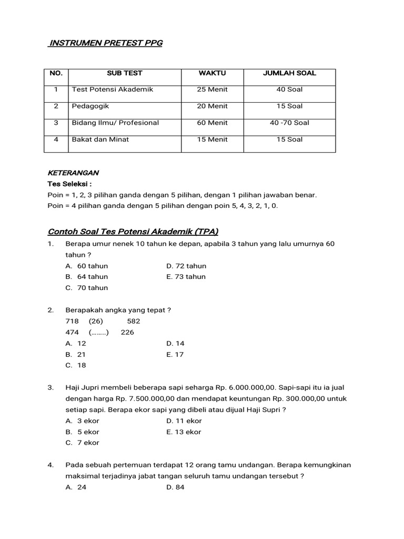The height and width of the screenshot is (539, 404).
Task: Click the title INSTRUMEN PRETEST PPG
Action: pos(105,43)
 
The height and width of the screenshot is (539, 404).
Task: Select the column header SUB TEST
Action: pos(125,73)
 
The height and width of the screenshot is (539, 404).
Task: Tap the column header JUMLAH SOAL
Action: pos(289,73)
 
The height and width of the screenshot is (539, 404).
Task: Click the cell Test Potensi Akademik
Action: pos(113,89)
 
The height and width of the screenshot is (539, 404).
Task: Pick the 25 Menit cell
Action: pos(213,89)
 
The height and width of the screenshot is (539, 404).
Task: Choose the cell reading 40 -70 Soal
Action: pos(289,123)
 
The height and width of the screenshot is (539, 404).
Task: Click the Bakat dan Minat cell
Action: pos(100,139)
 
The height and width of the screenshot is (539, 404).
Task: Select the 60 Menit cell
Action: pos(213,123)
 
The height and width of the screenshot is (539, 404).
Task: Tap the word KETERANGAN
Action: pos(73,173)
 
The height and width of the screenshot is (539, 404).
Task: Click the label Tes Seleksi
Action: pos(69,184)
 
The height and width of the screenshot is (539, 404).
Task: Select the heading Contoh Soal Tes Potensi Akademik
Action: pos(133,232)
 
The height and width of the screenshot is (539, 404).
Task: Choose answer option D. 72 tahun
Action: pos(186,266)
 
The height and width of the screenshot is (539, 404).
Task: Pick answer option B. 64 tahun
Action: pos(87,277)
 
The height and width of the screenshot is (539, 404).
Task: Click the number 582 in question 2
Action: pos(134,321)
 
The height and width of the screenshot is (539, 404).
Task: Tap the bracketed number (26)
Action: pos(96,321)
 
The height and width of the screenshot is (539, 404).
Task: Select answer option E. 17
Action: pos(175,354)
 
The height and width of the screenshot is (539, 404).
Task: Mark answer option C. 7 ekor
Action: pos(83,443)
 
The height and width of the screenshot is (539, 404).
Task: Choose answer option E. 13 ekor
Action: pos(184,432)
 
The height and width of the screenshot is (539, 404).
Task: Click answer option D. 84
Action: pos(175,487)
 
